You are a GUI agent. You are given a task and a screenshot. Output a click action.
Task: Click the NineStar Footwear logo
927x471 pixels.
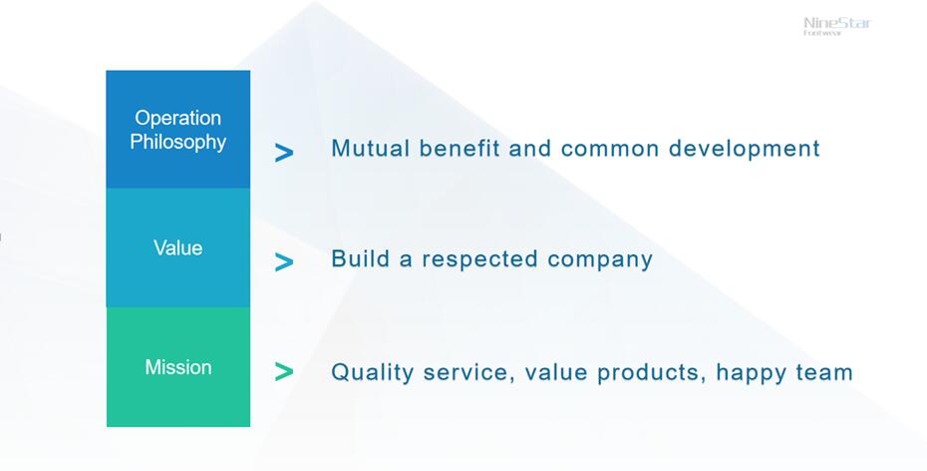click(x=837, y=26)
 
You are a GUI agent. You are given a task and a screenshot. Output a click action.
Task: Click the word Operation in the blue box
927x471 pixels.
click(x=178, y=118)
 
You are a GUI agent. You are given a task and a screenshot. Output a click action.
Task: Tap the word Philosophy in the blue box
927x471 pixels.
click(x=178, y=142)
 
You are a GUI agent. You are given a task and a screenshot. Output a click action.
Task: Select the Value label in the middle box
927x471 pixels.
click(x=178, y=247)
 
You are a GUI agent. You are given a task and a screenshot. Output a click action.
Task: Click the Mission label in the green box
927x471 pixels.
click(x=178, y=367)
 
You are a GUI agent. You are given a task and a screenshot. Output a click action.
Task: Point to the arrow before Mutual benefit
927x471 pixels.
click(x=284, y=154)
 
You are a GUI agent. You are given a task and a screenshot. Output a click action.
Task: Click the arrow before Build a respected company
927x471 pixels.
click(x=284, y=262)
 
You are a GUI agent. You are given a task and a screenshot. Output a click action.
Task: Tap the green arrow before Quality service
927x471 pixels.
click(x=284, y=371)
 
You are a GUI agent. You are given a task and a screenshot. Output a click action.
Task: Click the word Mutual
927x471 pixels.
click(x=370, y=148)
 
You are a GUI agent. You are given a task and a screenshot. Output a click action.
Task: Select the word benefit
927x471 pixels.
click(x=460, y=148)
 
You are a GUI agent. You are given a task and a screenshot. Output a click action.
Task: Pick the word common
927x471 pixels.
click(x=609, y=149)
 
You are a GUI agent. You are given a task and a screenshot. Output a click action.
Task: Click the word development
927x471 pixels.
click(x=745, y=149)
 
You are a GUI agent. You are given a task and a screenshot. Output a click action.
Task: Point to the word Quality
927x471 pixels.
click(x=372, y=373)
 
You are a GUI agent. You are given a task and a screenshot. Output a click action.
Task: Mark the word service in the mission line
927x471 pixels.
click(x=468, y=373)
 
